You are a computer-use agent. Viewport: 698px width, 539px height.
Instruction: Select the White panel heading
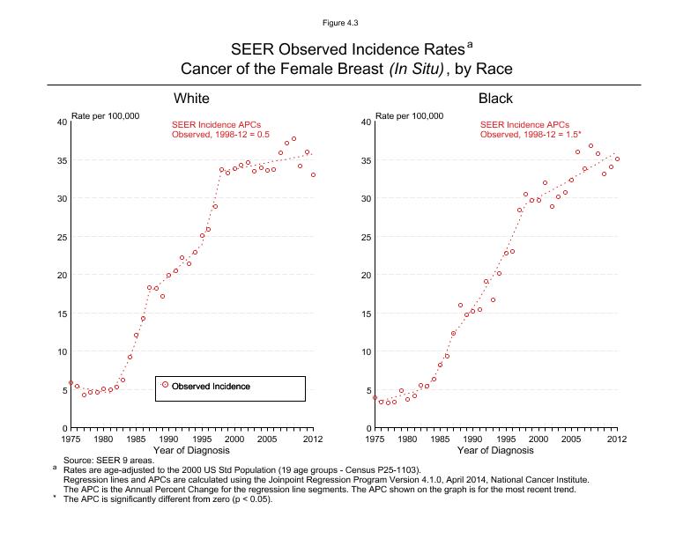(x=191, y=98)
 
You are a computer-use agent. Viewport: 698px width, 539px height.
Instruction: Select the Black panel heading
(x=495, y=98)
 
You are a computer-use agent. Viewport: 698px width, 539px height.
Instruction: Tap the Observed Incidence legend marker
(x=166, y=385)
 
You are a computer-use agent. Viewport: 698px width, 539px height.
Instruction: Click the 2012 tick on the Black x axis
(x=616, y=438)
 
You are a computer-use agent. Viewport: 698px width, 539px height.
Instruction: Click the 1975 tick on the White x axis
(x=71, y=438)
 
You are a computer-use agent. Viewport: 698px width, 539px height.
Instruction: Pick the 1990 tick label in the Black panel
(x=472, y=438)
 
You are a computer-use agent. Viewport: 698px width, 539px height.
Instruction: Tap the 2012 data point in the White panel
(x=313, y=174)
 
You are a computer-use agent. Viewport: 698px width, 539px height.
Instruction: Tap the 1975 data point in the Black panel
(x=375, y=398)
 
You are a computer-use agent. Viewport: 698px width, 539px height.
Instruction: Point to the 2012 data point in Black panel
(x=617, y=159)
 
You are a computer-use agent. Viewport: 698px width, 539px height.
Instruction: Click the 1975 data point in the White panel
(x=71, y=383)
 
